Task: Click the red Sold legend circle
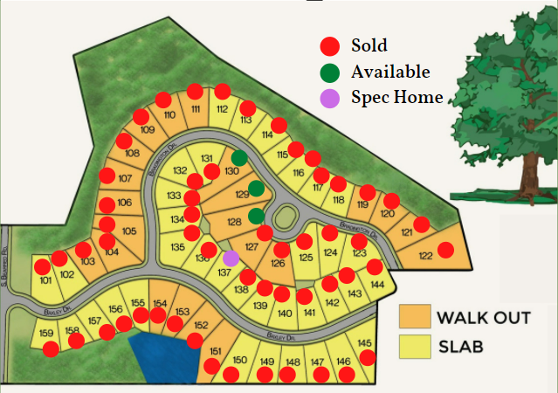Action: click(x=330, y=45)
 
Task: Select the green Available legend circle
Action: click(x=330, y=72)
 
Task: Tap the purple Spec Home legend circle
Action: click(x=330, y=98)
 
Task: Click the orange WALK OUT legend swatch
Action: click(x=415, y=315)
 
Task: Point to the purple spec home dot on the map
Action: click(x=231, y=258)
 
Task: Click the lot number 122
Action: click(x=425, y=256)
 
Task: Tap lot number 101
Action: click(x=46, y=281)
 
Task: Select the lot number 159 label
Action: click(x=46, y=334)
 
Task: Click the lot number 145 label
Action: click(x=365, y=342)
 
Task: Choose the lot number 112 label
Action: click(x=222, y=108)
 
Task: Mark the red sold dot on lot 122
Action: click(x=445, y=250)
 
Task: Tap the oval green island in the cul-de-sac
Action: click(x=285, y=216)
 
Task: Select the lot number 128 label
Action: click(x=233, y=223)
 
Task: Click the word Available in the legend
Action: click(x=390, y=72)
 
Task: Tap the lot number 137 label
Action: click(x=224, y=272)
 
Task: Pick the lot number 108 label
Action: click(x=133, y=154)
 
